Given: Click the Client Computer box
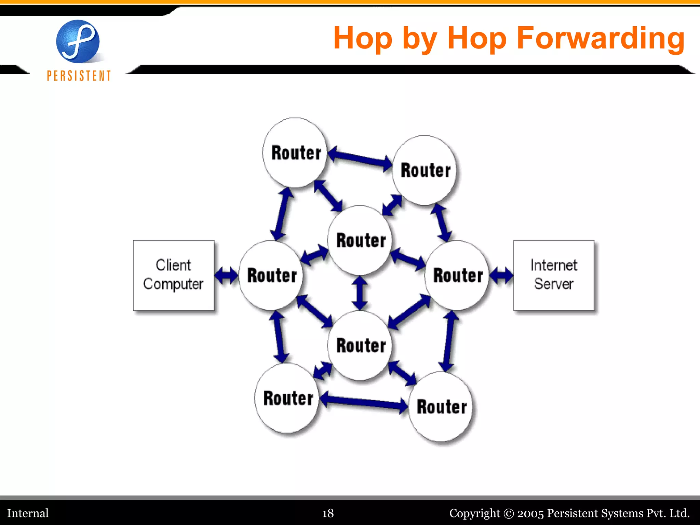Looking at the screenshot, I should pyautogui.click(x=173, y=275).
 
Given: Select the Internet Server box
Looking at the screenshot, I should pyautogui.click(x=553, y=275).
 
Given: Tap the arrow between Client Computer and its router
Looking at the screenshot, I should pyautogui.click(x=226, y=275).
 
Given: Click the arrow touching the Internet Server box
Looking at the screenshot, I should pyautogui.click(x=501, y=275).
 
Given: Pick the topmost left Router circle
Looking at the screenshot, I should pyautogui.click(x=295, y=152).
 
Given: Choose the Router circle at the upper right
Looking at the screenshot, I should pyautogui.click(x=425, y=170).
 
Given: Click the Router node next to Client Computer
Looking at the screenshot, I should pyautogui.click(x=271, y=275).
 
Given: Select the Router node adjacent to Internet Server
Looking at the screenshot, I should pyautogui.click(x=457, y=275).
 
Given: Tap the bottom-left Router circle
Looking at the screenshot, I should pyautogui.click(x=287, y=398).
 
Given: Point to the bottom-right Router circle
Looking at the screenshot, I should pyautogui.click(x=441, y=407).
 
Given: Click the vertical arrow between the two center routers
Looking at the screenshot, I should pyautogui.click(x=360, y=293).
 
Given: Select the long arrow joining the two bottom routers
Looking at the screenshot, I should pyautogui.click(x=364, y=402).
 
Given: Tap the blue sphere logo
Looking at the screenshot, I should pyautogui.click(x=78, y=41).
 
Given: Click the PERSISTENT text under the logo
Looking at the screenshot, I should pyautogui.click(x=79, y=76).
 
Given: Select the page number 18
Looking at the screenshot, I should pyautogui.click(x=328, y=513).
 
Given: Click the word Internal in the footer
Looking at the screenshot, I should pyautogui.click(x=28, y=513).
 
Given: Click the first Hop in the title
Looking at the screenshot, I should pyautogui.click(x=363, y=38).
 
